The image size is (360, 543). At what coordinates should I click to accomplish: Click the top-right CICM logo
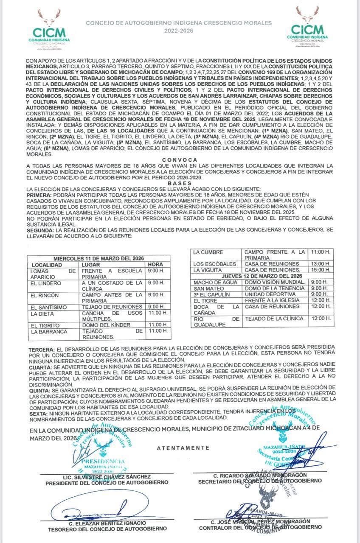pos(307,27)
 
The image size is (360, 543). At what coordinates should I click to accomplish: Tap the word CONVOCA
pos(180,159)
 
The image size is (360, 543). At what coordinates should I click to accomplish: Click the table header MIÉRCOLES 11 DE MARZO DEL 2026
pos(98,258)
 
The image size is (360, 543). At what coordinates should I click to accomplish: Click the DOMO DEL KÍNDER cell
pos(103,325)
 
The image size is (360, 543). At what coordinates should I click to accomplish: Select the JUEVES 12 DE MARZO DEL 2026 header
pos(262,276)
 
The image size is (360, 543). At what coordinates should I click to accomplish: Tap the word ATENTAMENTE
pos(183,448)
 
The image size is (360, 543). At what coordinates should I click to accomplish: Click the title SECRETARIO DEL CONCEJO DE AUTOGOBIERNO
pos(260,481)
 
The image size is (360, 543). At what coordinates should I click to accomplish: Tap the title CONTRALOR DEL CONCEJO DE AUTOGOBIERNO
pos(260,527)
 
